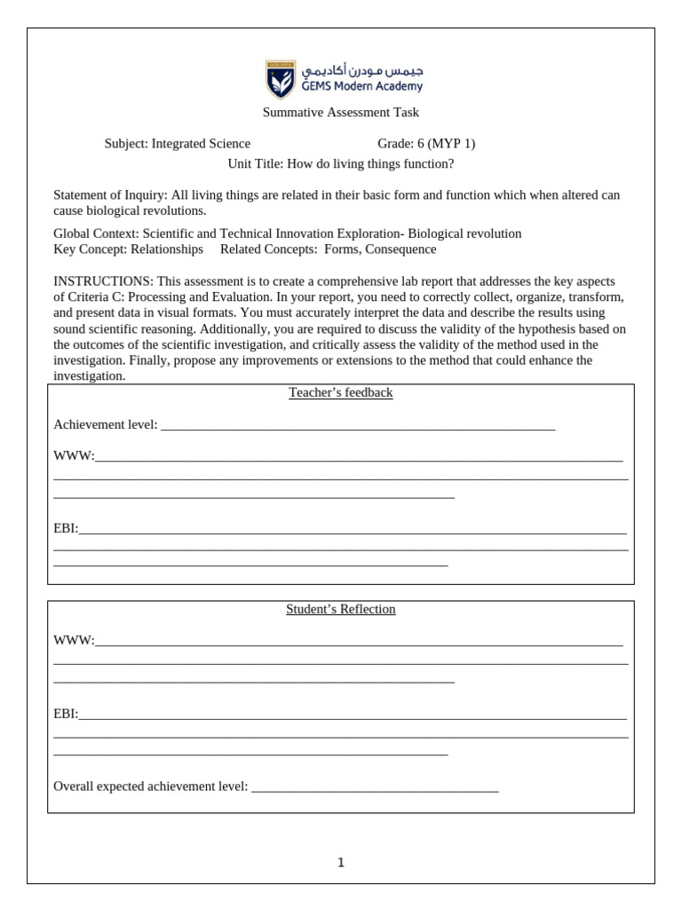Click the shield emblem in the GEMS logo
[x=282, y=80]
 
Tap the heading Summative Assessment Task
[x=340, y=113]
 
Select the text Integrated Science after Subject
[x=201, y=144]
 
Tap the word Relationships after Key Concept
[x=167, y=249]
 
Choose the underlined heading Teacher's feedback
[x=340, y=393]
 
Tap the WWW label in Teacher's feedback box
[x=74, y=456]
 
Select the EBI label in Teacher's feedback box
[x=66, y=529]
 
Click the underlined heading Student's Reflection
[x=340, y=610]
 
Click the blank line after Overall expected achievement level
[x=375, y=787]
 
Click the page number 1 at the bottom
[x=341, y=863]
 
